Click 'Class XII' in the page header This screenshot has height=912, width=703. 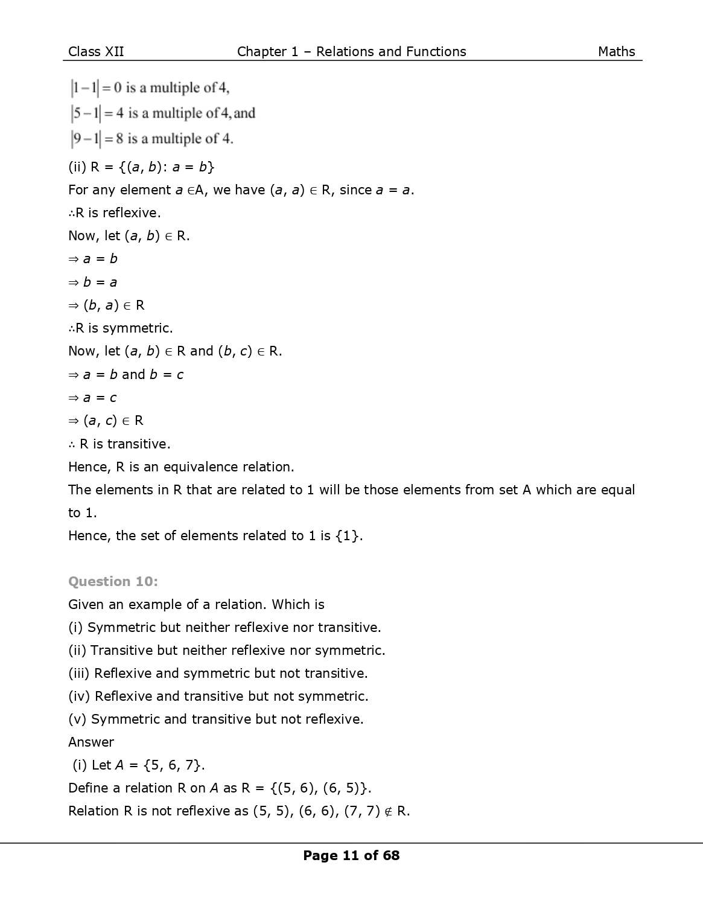tap(96, 52)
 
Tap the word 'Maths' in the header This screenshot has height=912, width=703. tap(616, 52)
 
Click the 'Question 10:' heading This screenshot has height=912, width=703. tap(113, 581)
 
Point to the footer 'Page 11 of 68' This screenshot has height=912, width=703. tap(351, 855)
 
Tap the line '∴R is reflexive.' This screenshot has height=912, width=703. tap(115, 212)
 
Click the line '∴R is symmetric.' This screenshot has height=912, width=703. tap(121, 328)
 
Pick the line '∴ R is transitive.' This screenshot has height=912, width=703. tap(119, 444)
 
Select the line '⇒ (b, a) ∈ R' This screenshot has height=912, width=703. tap(107, 305)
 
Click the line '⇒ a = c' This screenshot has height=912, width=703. tap(93, 398)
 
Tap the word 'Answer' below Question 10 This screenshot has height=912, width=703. tap(91, 742)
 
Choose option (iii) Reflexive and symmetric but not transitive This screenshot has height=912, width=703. tap(218, 674)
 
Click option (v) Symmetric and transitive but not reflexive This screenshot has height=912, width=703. tap(216, 719)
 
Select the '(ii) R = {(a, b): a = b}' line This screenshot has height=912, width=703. tap(141, 167)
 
